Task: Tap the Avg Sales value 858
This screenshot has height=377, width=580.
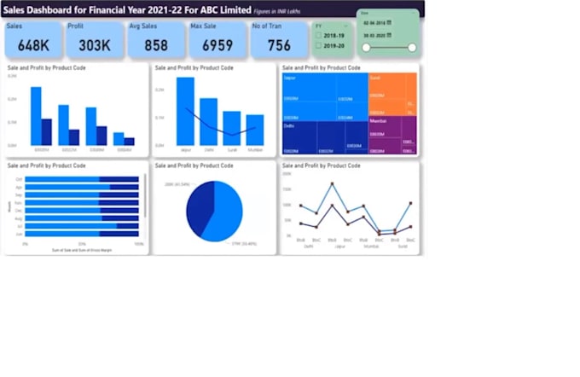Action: pyautogui.click(x=156, y=44)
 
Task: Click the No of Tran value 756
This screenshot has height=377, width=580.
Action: pyautogui.click(x=279, y=44)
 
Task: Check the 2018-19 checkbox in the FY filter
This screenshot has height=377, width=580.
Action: pyautogui.click(x=318, y=35)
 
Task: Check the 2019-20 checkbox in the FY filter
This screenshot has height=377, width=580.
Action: pyautogui.click(x=318, y=44)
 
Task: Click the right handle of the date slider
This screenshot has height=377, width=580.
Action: pyautogui.click(x=412, y=48)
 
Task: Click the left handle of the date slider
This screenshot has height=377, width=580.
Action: pyautogui.click(x=365, y=48)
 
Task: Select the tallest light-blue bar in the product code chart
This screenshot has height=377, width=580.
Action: pyautogui.click(x=36, y=115)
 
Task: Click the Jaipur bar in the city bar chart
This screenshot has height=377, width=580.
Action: pyautogui.click(x=185, y=112)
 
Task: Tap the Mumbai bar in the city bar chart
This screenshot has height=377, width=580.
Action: pyautogui.click(x=255, y=130)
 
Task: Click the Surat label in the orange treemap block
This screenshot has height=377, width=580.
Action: pyautogui.click(x=375, y=77)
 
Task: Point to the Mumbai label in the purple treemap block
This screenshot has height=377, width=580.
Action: pyautogui.click(x=379, y=120)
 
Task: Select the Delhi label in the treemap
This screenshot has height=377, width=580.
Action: pyautogui.click(x=289, y=125)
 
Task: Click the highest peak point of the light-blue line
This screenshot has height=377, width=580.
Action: pyautogui.click(x=332, y=184)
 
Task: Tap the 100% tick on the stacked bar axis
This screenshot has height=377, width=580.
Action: pyautogui.click(x=139, y=244)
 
